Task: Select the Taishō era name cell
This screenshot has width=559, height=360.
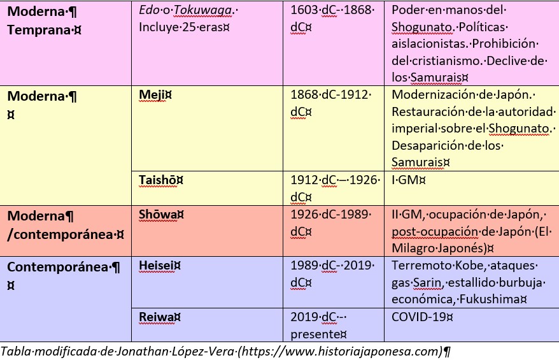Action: tap(159, 180)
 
